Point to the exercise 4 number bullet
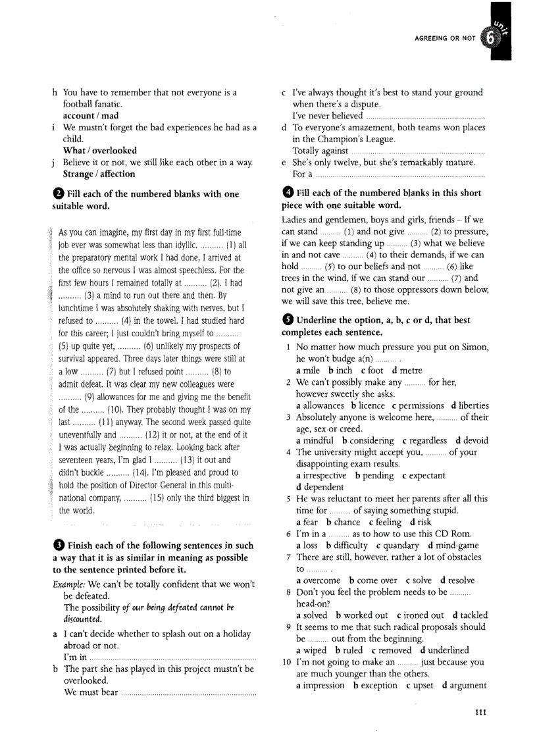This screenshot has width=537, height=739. coord(287,193)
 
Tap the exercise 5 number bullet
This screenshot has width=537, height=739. coord(287,320)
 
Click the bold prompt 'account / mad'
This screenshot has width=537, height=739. coord(91,116)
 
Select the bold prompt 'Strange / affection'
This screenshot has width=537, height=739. coord(99,174)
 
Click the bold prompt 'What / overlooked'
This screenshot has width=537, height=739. coord(99,151)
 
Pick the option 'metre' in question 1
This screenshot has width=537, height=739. coord(411,370)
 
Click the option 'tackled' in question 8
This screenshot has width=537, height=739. coord(474,615)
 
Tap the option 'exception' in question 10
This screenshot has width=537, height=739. coord(378,685)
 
